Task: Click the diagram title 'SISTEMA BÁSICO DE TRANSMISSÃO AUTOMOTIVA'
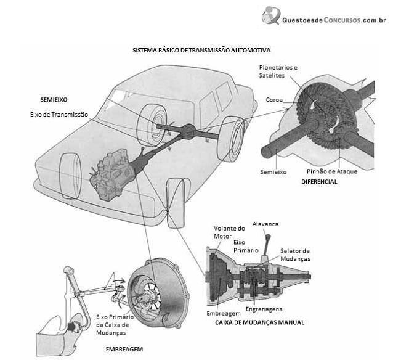tap(201, 50)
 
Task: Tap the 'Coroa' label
tap(274, 100)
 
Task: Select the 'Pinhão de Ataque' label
tap(332, 171)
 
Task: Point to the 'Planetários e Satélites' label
tap(278, 72)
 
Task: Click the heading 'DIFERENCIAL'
tap(319, 182)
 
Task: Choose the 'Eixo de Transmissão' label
tap(59, 115)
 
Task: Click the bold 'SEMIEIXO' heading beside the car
tap(54, 100)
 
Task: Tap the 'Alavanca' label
tap(265, 224)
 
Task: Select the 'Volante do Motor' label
tap(229, 232)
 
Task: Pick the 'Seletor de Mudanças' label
tap(295, 255)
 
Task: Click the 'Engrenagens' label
tap(264, 309)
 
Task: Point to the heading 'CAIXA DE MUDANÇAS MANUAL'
tap(260, 322)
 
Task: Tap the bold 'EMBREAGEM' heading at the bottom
tap(124, 350)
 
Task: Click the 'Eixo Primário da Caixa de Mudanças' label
tap(115, 325)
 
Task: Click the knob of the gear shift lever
tap(268, 237)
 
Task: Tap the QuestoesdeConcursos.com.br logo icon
tap(270, 15)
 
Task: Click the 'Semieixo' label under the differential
tap(273, 172)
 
